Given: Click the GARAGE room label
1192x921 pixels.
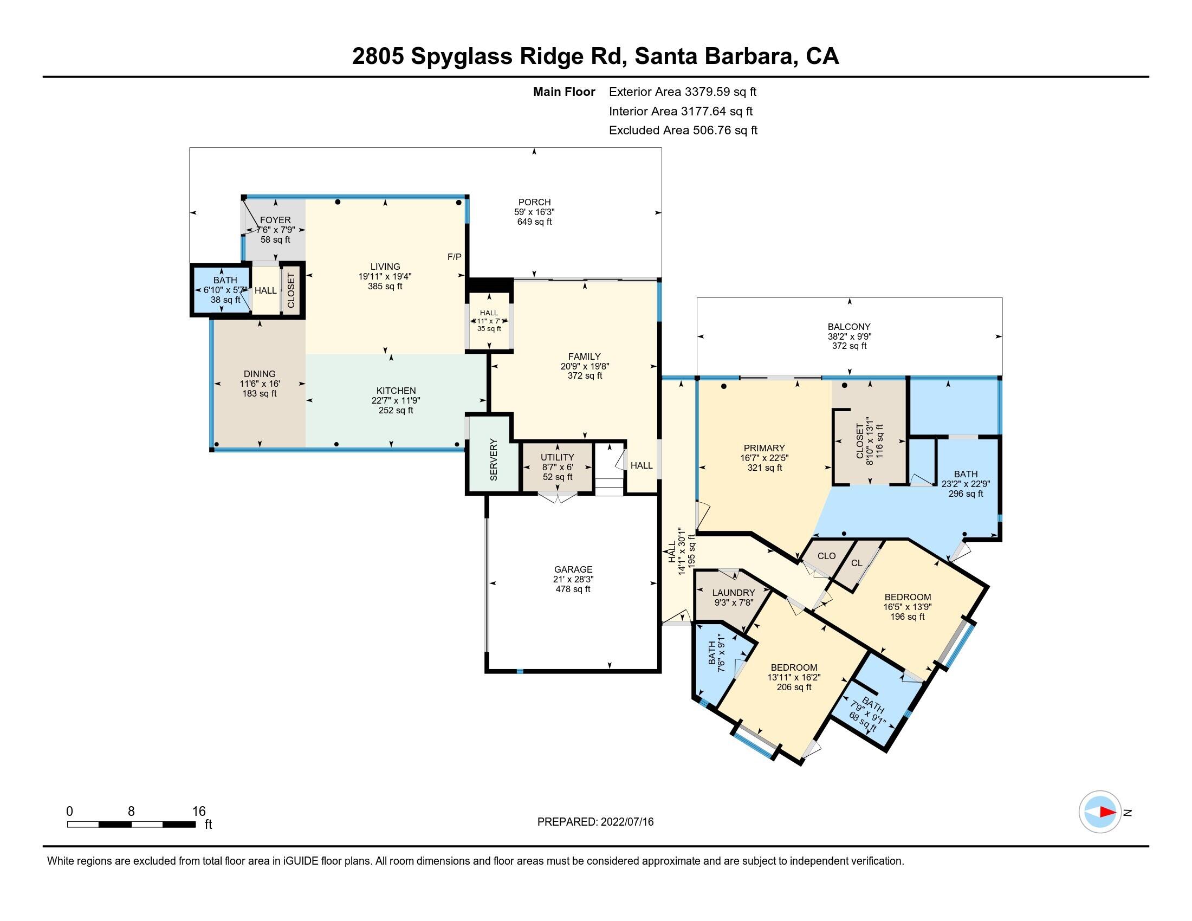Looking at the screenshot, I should [573, 569].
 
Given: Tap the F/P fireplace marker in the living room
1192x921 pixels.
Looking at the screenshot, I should [454, 257].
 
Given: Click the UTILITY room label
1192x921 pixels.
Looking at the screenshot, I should [557, 457].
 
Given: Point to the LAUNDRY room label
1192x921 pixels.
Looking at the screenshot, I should [734, 593].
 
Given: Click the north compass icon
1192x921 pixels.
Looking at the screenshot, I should [1100, 812].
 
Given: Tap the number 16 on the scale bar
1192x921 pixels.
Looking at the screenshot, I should [199, 812].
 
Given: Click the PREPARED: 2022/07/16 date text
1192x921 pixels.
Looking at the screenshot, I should [595, 822].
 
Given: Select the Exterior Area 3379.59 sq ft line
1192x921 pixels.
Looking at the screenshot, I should [683, 92].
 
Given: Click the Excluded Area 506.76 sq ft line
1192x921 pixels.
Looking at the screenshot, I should [683, 131].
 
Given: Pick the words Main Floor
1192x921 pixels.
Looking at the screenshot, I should [564, 92].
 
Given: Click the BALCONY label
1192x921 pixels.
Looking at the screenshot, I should [848, 327].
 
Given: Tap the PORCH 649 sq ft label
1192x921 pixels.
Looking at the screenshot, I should [534, 212].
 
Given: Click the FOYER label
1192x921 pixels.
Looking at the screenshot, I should [275, 220].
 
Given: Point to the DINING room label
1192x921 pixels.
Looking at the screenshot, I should [260, 374].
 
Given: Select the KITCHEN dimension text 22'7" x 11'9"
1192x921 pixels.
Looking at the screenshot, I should [396, 400].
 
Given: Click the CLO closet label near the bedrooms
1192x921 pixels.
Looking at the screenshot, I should [826, 555].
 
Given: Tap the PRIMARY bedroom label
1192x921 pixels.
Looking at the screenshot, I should [764, 448].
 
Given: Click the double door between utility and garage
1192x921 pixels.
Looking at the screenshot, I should [557, 496].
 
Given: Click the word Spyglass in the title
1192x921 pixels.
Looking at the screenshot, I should [461, 56].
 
